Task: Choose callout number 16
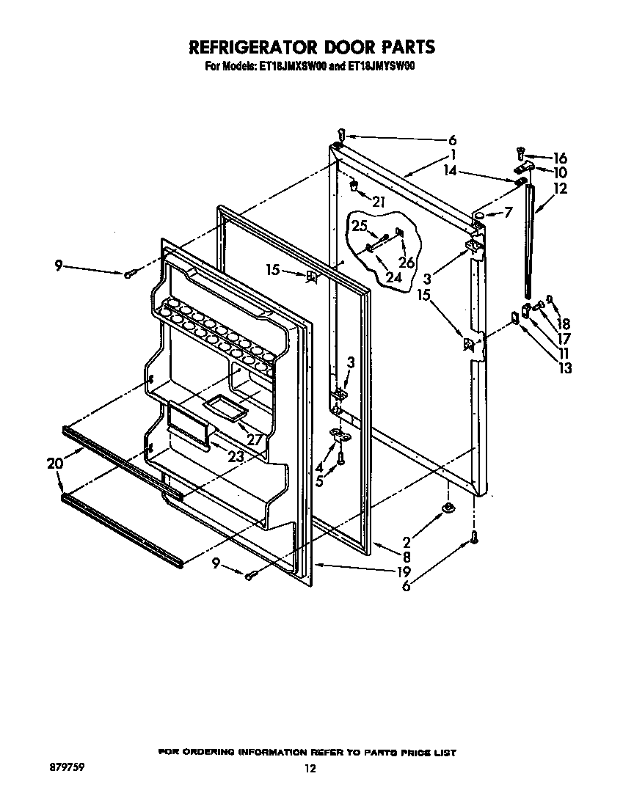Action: [x=559, y=158]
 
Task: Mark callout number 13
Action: [x=564, y=369]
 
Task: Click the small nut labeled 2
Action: [x=447, y=508]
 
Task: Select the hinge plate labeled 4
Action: [x=340, y=434]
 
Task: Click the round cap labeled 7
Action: [x=478, y=214]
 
